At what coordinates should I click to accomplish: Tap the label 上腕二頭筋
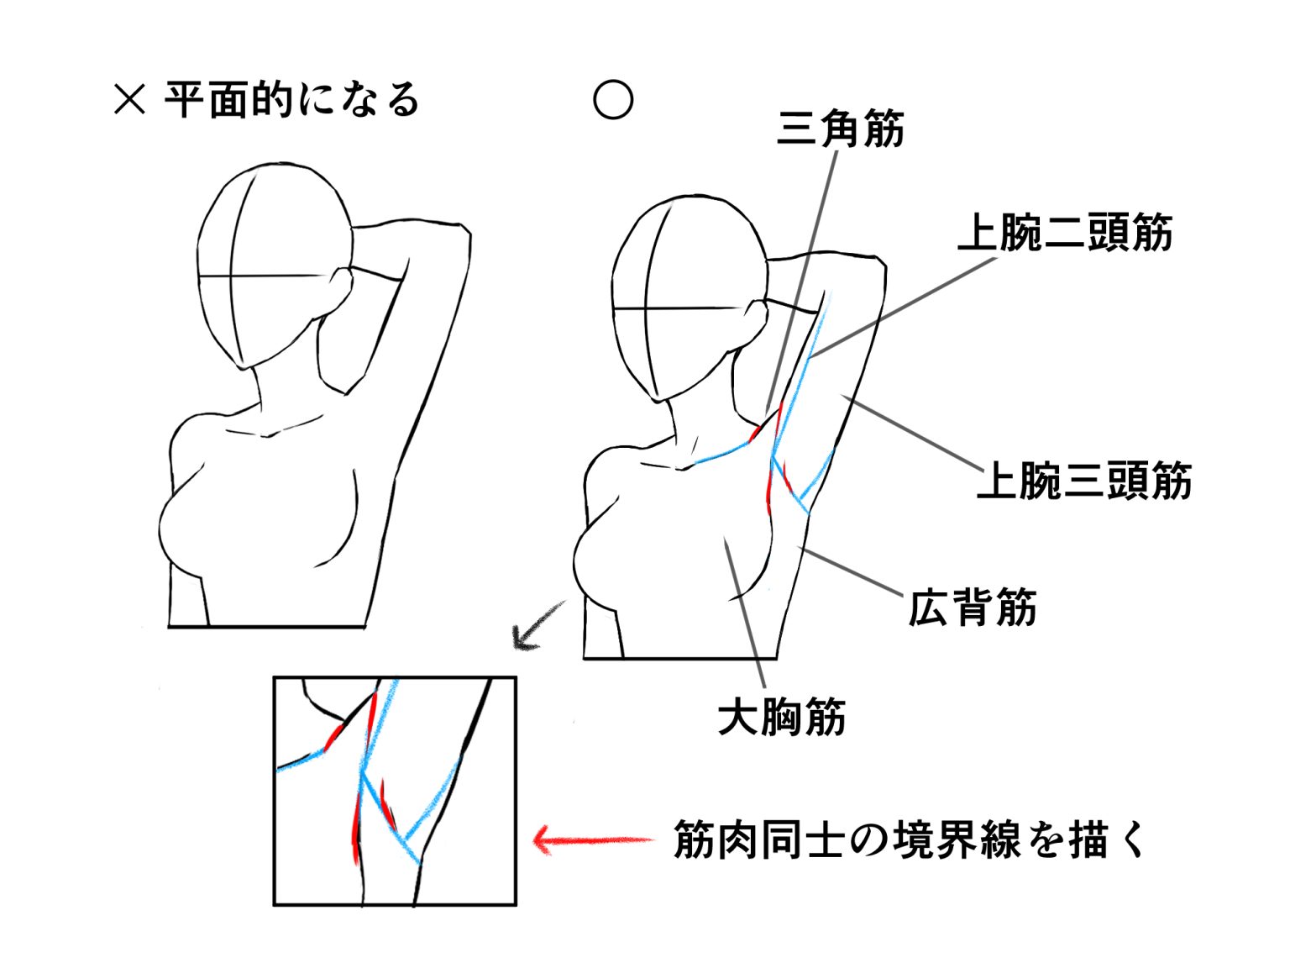1064,233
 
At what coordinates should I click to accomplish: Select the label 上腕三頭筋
1084,480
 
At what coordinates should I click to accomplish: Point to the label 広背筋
972,608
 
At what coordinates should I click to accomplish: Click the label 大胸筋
782,717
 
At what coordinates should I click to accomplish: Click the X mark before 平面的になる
129,99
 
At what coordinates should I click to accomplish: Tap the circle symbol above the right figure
612,99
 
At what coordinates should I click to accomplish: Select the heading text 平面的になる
292,99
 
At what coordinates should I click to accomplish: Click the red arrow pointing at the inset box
594,840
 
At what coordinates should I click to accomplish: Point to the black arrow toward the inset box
537,626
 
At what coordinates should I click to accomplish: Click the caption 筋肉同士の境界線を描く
909,840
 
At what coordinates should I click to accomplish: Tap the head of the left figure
275,266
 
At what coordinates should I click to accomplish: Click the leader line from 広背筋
850,571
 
